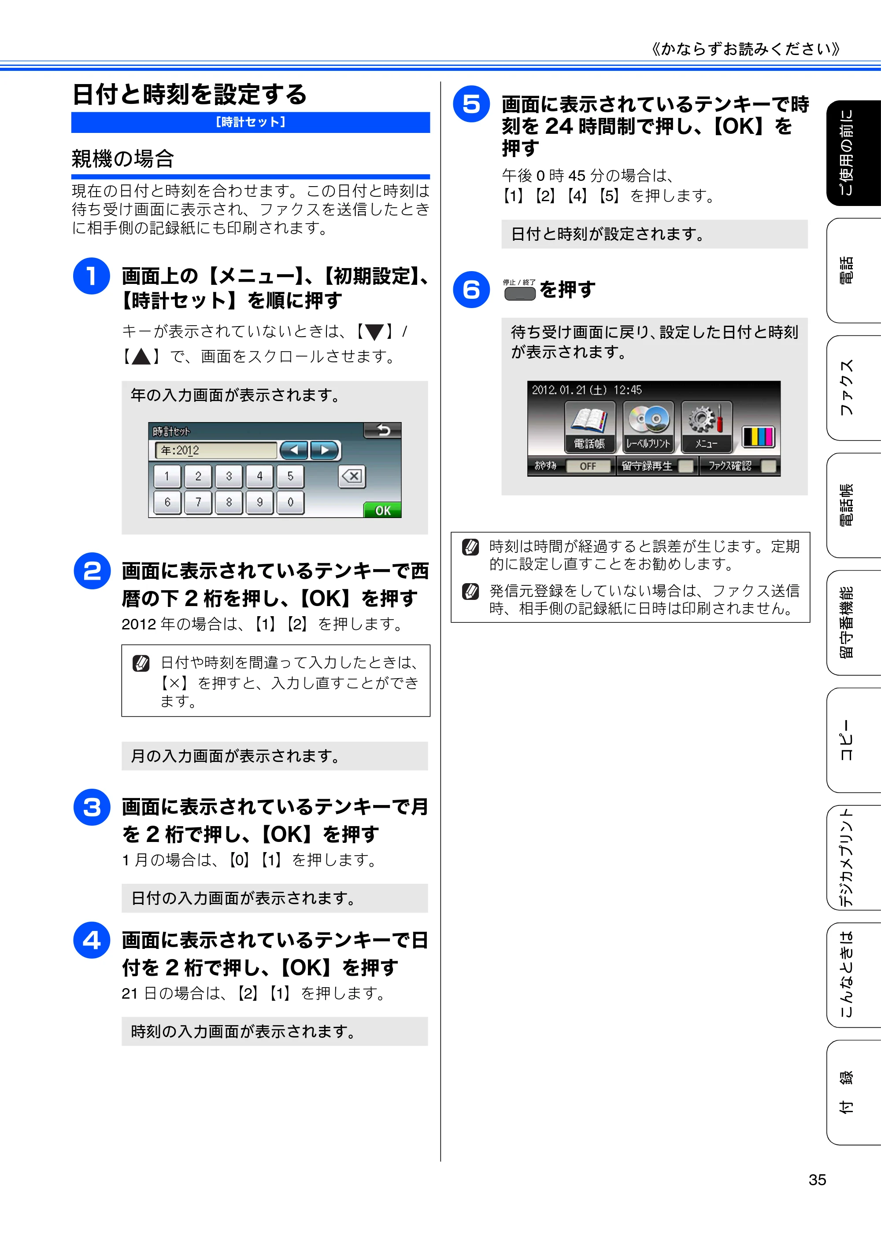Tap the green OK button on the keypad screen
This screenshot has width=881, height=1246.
point(382,510)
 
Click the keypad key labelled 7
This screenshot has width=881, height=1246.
point(198,503)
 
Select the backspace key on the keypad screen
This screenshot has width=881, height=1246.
point(352,477)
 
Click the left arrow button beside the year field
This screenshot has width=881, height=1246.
point(294,450)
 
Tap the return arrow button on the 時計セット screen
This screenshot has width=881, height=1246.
point(382,431)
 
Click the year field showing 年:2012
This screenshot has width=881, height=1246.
point(216,450)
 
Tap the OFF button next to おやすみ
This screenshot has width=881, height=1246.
point(588,466)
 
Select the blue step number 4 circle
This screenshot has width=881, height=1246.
point(92,941)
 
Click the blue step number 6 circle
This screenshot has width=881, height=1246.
point(471,290)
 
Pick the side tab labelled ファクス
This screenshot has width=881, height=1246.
point(853,387)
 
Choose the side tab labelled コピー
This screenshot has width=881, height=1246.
point(853,740)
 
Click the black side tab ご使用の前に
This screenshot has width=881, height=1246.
point(853,153)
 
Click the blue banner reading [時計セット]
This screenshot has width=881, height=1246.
point(250,122)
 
